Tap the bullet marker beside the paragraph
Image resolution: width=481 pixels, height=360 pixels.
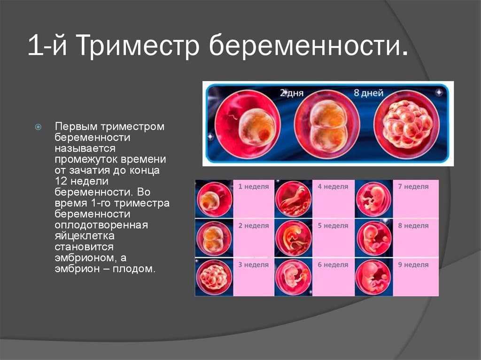tap(39, 127)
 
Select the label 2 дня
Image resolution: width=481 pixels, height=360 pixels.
tap(291, 92)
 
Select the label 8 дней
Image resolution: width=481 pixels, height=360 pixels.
tap(368, 92)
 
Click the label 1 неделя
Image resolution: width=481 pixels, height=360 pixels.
tap(254, 186)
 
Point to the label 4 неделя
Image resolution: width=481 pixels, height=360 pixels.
tap(333, 186)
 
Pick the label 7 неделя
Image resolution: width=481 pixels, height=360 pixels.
tap(413, 186)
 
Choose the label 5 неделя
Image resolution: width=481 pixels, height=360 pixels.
tap(333, 226)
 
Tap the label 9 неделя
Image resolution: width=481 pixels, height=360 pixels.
tap(413, 265)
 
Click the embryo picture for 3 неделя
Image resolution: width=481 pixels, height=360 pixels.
tap(214, 277)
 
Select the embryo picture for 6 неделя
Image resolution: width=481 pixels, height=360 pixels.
tap(293, 277)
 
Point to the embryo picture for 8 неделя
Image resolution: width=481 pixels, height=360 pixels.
tap(373, 238)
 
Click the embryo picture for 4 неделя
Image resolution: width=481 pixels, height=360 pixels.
tap(293, 199)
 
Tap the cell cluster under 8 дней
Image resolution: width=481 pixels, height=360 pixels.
tap(406, 124)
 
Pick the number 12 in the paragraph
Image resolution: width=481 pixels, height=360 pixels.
tap(60, 181)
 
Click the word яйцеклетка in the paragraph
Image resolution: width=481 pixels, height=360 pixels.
tap(85, 236)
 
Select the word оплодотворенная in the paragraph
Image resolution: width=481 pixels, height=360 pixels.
tap(101, 225)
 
